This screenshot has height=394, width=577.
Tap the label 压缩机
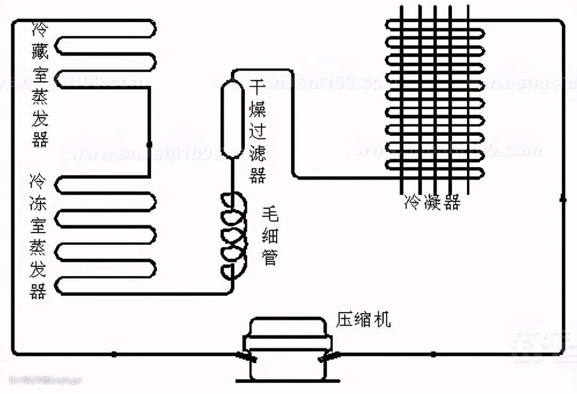[363, 320]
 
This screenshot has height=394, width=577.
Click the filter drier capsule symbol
[232, 119]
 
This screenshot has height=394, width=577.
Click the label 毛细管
[270, 236]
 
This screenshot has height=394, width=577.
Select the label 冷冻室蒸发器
[38, 235]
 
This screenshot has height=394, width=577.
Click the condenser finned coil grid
[435, 99]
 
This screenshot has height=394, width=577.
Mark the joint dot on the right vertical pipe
[563, 199]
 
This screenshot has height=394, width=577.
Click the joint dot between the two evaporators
[149, 144]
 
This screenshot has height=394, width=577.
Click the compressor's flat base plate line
[287, 381]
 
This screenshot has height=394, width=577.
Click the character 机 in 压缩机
[382, 320]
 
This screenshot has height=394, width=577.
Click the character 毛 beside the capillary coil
[270, 215]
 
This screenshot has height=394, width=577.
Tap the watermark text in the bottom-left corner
[45, 381]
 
